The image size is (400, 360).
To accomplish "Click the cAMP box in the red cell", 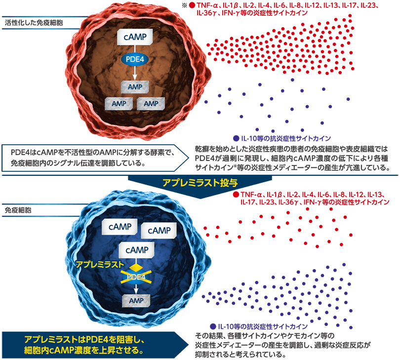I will [x=135, y=38].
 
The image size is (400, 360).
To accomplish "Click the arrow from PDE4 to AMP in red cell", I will [x=135, y=74].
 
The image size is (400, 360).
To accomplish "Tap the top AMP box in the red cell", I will [x=135, y=87].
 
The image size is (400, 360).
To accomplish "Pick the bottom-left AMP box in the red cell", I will [x=119, y=104].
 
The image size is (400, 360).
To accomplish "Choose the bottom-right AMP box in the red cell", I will [x=151, y=104].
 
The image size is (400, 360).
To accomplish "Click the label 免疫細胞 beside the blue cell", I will [x=18, y=209].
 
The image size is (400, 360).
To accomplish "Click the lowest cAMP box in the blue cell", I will [x=135, y=250].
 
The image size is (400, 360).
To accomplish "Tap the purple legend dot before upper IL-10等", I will [x=236, y=138].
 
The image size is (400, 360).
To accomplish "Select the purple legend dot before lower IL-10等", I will [x=212, y=327].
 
